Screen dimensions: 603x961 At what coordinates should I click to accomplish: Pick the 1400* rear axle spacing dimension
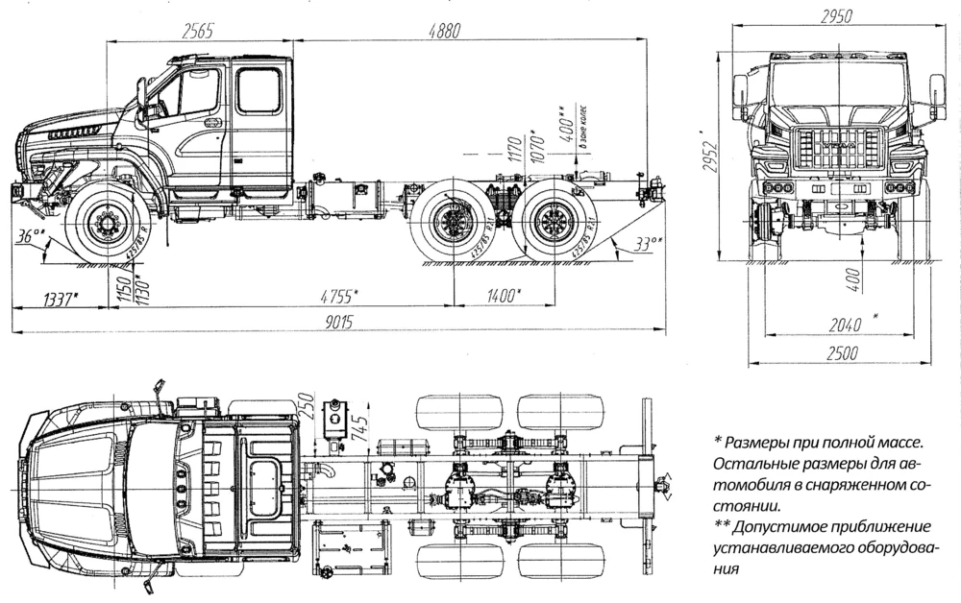(502, 295)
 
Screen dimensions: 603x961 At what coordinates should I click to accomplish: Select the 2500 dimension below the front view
(841, 353)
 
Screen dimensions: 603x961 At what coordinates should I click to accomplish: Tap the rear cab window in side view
(259, 91)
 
